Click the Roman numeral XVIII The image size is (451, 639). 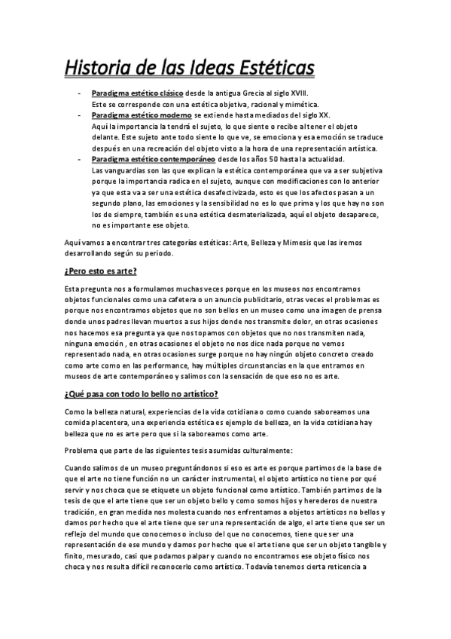click(305, 92)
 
